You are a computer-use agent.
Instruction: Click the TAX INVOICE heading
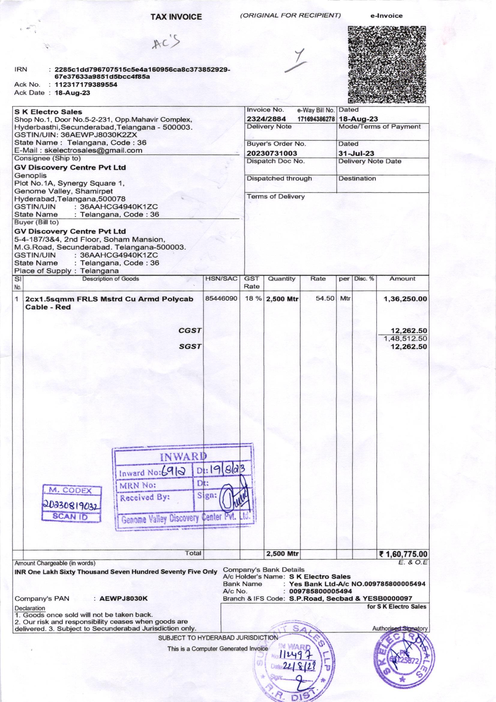177,17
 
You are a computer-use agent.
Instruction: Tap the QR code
387,65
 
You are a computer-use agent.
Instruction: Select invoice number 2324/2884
266,119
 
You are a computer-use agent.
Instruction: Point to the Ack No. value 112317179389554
86,84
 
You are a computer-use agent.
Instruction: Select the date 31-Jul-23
356,153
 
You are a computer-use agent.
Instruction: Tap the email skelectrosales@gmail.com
93,150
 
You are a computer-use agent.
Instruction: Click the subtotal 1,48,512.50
405,338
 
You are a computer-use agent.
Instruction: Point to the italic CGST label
190,331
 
